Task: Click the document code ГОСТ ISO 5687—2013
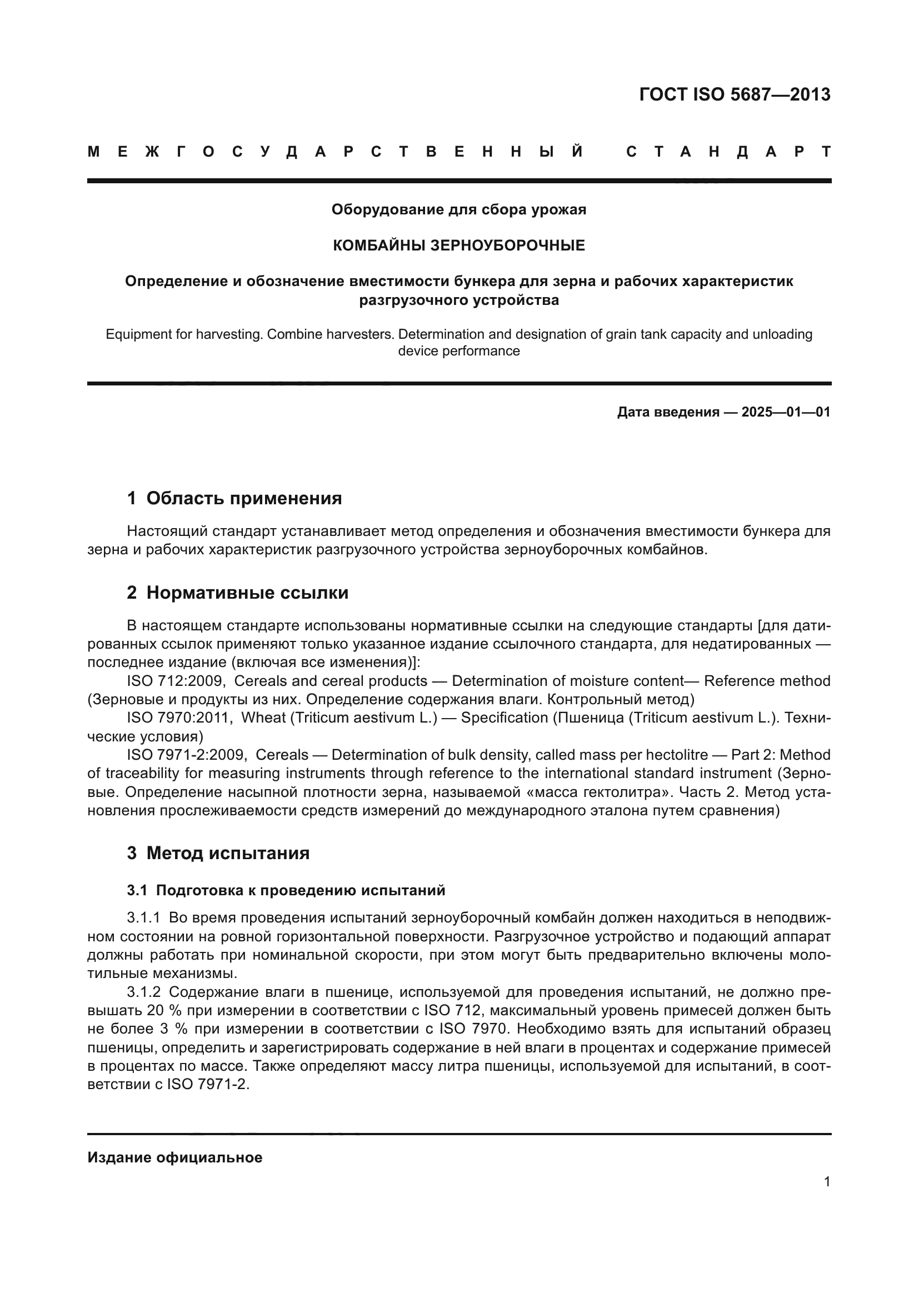click(735, 94)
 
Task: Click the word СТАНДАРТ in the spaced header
click(728, 152)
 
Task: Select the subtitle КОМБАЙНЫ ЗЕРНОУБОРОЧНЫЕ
click(458, 245)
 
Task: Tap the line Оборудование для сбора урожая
click(458, 210)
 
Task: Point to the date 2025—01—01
click(786, 412)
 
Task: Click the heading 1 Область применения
click(234, 498)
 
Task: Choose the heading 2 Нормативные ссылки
click(238, 593)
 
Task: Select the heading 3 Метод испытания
click(218, 853)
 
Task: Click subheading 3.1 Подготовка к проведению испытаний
click(286, 890)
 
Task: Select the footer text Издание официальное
click(175, 1157)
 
